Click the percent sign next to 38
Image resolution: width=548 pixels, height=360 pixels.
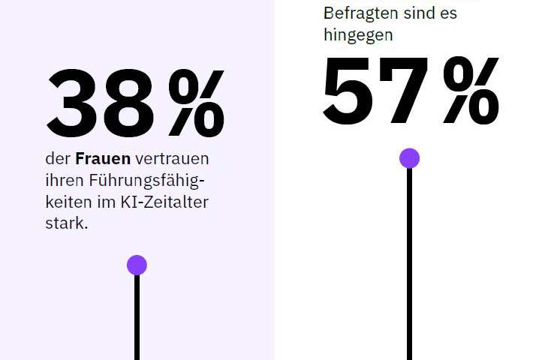[x=197, y=103]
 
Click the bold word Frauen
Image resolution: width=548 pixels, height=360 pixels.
[x=103, y=159]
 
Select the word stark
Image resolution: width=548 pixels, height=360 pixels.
[x=66, y=223]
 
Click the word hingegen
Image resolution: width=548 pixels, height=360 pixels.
[x=358, y=34]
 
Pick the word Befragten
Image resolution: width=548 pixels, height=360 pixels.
[x=357, y=13]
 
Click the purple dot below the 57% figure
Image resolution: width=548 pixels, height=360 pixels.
[x=409, y=158]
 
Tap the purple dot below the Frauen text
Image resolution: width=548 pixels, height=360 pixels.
[x=137, y=265]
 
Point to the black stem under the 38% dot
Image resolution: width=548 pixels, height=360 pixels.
[x=137, y=319]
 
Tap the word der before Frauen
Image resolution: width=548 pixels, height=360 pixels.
[x=58, y=159]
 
